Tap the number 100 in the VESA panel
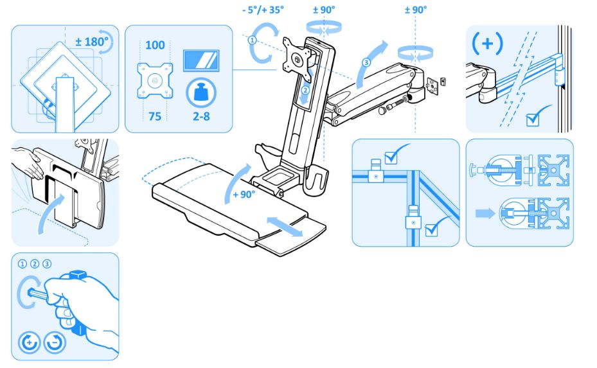point(155,45)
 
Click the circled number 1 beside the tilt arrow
point(253,39)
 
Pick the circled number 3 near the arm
point(366,62)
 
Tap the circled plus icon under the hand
point(29,342)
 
